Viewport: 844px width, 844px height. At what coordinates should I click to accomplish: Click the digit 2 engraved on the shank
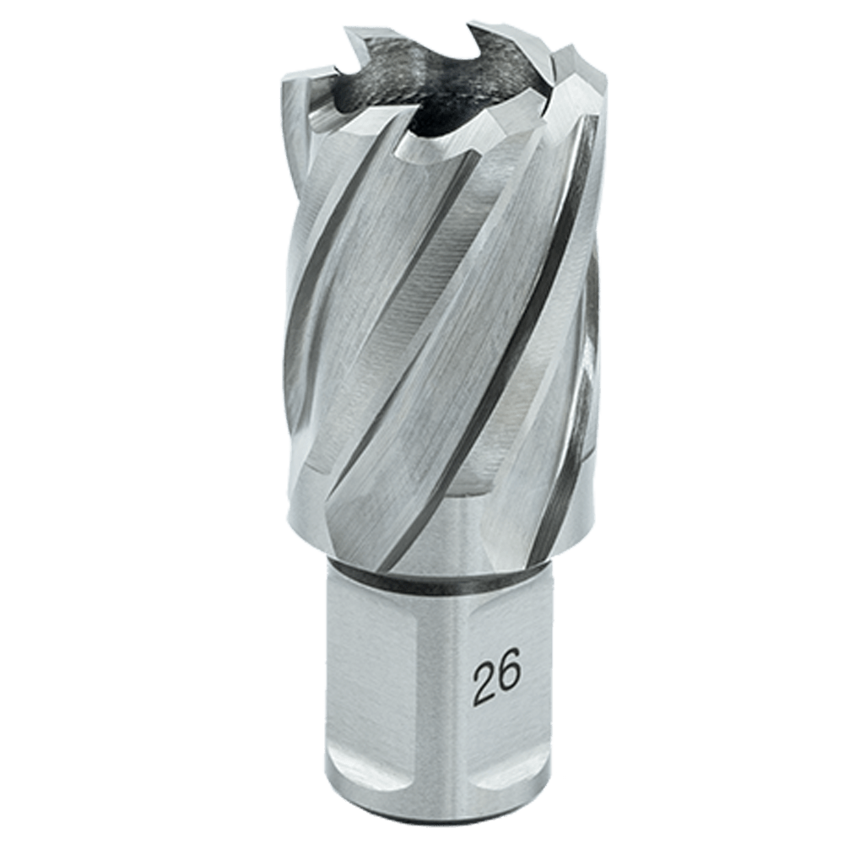click(484, 677)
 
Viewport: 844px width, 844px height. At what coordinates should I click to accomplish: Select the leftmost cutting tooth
click(310, 102)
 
